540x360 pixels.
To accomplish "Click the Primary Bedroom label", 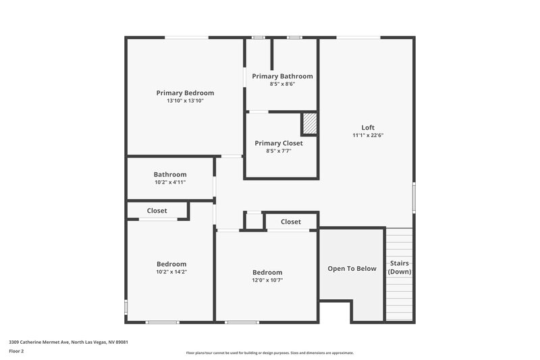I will coord(185,93).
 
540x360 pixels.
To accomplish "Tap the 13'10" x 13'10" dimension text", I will coord(185,101).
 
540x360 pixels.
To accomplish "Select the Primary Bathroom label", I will coord(282,76).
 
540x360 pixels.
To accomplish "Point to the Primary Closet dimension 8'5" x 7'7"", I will coord(278,151).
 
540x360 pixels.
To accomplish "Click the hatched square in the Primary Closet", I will coord(309,124).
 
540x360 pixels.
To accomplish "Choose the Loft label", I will coord(368,127).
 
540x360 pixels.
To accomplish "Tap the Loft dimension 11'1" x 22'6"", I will coord(368,135).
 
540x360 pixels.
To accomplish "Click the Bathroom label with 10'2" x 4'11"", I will coord(170,174).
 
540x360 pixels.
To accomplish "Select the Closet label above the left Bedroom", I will coord(157,211).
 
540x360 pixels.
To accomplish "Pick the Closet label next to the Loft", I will coord(291,222).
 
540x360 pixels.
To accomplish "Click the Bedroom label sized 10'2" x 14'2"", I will coord(171,264).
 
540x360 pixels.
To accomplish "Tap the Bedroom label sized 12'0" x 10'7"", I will coord(267,272).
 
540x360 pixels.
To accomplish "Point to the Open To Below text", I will coord(352,268).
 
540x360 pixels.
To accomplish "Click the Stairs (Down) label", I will coord(399,267).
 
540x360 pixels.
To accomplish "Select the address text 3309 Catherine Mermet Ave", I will coord(68,342).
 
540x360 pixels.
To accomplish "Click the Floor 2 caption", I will coord(16,351).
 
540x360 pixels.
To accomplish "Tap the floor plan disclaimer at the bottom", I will coord(269,353).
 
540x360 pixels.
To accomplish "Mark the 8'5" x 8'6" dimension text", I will coord(282,84).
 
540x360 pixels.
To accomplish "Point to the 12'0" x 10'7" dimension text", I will coord(267,280).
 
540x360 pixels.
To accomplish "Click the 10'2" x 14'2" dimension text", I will coord(171,272).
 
